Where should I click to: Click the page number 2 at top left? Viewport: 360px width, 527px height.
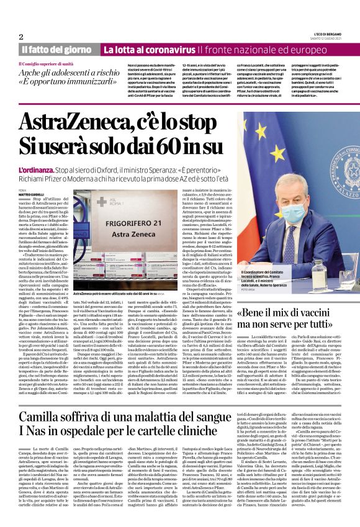20,37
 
